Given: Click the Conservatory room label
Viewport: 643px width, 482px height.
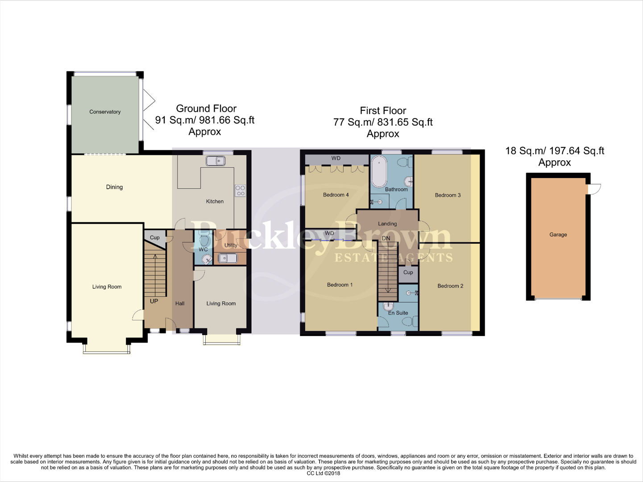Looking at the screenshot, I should coord(105,112).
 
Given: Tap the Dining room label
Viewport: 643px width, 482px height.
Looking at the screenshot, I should coord(114,187).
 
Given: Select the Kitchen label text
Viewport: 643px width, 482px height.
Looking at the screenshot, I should coord(215,201).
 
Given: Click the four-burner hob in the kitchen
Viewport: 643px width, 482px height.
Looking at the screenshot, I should coord(240,191).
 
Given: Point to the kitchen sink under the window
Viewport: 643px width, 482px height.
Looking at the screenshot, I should coord(216,161).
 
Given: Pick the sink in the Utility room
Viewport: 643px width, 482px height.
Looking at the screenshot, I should coord(228,258).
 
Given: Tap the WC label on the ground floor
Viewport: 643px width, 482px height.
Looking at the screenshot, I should coord(203,249).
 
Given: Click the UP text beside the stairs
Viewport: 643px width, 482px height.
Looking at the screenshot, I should coord(154,301).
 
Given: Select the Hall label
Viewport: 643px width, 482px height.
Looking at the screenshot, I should coord(180,303).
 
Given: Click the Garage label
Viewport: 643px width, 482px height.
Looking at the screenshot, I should coord(558,234).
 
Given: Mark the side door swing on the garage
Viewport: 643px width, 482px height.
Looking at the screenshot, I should coord(594,189).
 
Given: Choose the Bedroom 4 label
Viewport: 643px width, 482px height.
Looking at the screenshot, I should coord(336,195).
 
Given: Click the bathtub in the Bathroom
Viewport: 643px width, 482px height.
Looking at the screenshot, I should coord(379,171).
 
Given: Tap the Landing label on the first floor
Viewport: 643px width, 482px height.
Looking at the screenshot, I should coord(387,224).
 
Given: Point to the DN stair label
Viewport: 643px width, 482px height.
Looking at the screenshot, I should coord(386,238).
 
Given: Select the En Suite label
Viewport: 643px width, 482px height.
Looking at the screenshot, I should coord(398,313).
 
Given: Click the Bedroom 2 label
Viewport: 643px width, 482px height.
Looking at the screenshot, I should coord(450,286).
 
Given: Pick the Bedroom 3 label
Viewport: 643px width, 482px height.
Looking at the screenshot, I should coord(448,195).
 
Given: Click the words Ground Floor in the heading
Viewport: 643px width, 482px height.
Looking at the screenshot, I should coord(206,108).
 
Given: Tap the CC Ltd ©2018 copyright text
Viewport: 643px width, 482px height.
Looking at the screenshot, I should coord(323,474).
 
